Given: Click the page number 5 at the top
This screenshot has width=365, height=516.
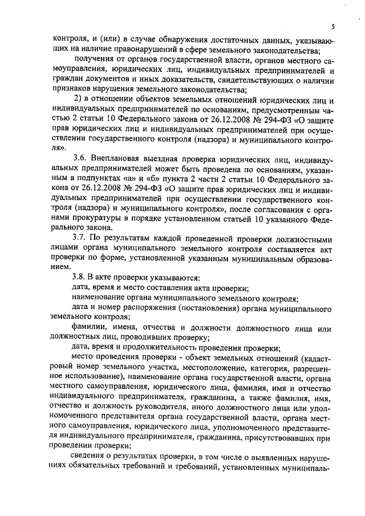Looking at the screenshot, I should (x=332, y=27).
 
